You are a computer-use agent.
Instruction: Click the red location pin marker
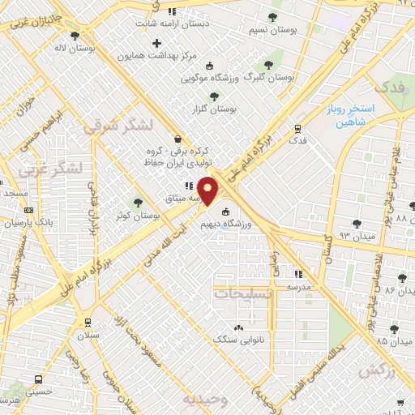tap(209, 191)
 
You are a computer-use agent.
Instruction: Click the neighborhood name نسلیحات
tap(243, 293)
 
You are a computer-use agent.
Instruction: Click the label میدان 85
tap(376, 340)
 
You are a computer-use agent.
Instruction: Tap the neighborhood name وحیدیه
tap(199, 400)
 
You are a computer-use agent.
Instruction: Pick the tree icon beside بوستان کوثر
tap(138, 203)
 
